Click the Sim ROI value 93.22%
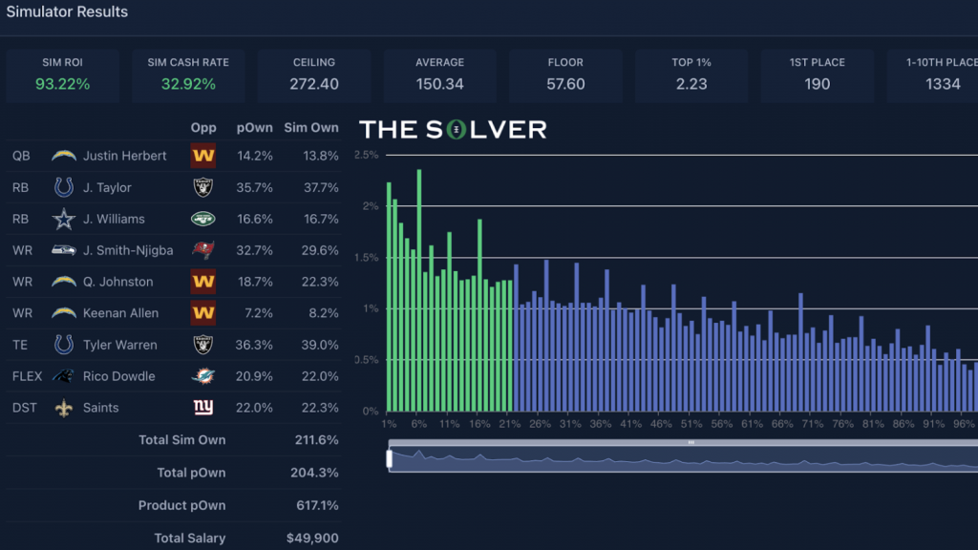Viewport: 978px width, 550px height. [x=62, y=84]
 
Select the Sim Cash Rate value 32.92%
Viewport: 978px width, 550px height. [x=188, y=84]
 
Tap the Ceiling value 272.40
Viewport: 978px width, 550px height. [x=314, y=84]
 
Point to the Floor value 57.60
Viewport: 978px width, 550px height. [x=565, y=84]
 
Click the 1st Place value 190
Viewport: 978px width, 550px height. [x=817, y=84]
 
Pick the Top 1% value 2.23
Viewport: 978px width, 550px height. [x=691, y=84]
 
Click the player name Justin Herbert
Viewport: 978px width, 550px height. [x=124, y=156]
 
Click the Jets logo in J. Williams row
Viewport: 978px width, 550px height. [x=202, y=219]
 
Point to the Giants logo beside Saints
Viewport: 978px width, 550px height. [x=202, y=408]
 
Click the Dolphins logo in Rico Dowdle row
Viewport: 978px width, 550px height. [x=202, y=376]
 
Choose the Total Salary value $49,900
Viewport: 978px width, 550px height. [x=312, y=539]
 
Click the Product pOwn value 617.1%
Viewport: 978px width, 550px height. [x=314, y=506]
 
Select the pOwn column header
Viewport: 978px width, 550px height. [x=257, y=128]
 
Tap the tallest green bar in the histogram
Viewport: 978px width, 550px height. [x=419, y=286]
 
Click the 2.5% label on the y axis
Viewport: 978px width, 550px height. [x=367, y=154]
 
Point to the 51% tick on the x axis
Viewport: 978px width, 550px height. [x=691, y=424]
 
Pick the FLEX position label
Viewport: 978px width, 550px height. [x=29, y=376]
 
